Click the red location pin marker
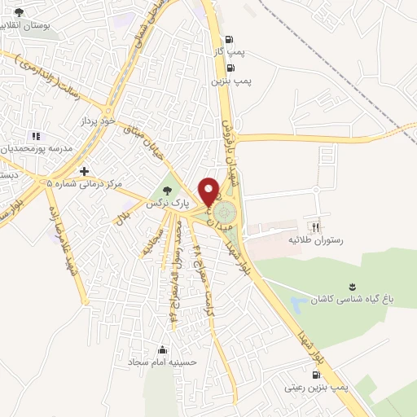coord(211,191)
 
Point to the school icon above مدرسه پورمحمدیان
coord(36,135)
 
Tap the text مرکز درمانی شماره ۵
coord(84,185)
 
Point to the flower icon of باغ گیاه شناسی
coord(352,285)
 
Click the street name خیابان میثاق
coord(149,143)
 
